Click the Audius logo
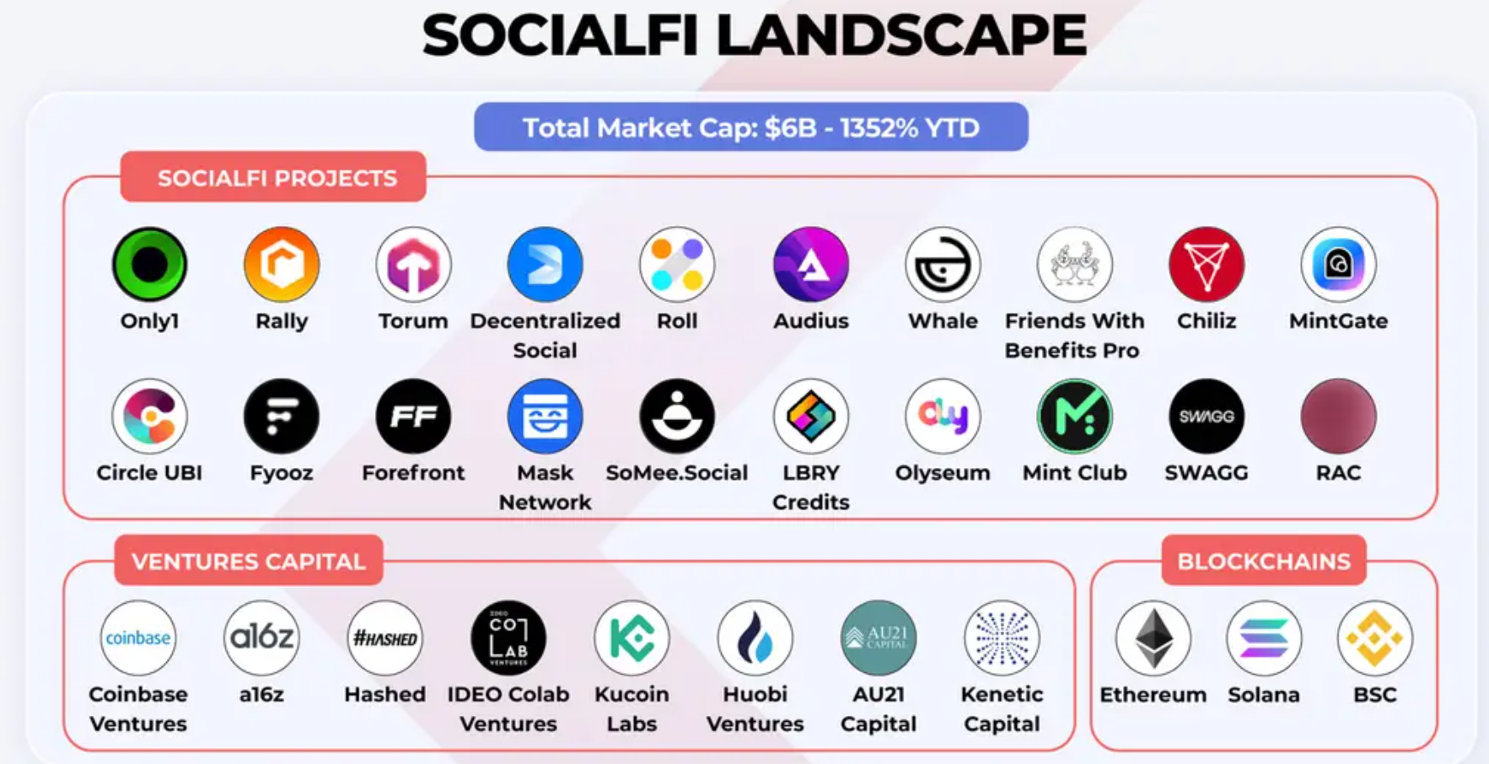[x=811, y=264]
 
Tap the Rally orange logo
[x=282, y=264]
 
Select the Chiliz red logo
[x=1207, y=264]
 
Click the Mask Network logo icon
[x=545, y=416]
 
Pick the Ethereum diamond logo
[x=1153, y=638]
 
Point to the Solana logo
[x=1264, y=638]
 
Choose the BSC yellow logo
[x=1374, y=638]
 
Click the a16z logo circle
[x=261, y=638]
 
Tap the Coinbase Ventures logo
[x=138, y=638]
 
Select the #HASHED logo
[x=384, y=638]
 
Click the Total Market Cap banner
[x=751, y=127]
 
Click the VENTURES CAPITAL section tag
[x=249, y=561]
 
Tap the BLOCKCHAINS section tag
[x=1264, y=561]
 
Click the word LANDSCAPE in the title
[x=901, y=35]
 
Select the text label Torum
[x=413, y=321]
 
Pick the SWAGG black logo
[x=1207, y=416]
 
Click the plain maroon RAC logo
[x=1338, y=416]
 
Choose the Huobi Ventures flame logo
[x=755, y=638]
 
